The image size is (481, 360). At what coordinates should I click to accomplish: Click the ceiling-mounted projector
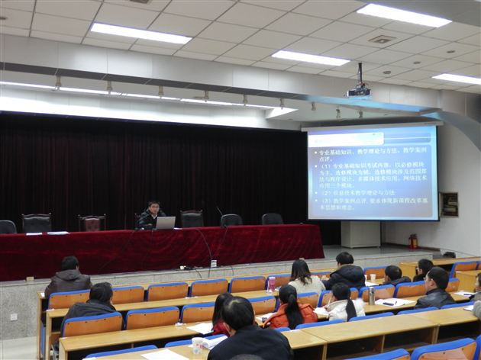358,91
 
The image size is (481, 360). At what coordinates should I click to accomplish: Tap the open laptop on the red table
166,223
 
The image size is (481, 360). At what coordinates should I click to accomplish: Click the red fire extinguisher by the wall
413,241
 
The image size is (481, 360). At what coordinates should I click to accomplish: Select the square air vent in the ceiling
382,39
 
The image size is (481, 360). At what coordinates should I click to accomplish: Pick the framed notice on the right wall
450,204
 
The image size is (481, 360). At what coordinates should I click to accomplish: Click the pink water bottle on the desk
271,284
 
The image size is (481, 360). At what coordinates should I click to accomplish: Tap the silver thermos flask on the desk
372,295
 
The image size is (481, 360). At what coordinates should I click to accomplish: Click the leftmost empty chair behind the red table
8,227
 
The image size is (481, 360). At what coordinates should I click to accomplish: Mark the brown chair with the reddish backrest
92,223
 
